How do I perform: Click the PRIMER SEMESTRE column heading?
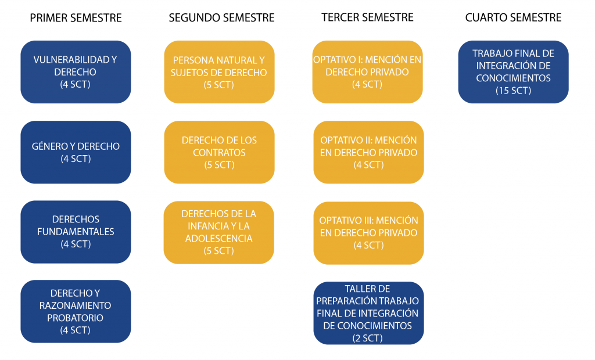click(76, 18)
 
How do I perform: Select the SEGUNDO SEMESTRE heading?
click(221, 18)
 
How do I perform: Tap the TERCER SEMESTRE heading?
click(367, 17)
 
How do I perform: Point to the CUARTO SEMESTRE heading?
click(514, 17)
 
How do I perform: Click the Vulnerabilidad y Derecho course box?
click(76, 72)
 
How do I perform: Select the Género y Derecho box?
click(76, 152)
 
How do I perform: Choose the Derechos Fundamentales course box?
click(76, 232)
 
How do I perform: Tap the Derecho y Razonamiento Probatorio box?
click(76, 311)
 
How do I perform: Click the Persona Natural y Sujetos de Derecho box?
click(219, 72)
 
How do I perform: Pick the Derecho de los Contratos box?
click(219, 152)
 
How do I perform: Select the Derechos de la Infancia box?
click(219, 232)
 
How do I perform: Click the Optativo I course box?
click(367, 72)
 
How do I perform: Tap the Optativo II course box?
click(368, 152)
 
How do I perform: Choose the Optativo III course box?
click(368, 233)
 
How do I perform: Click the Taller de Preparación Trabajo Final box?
click(368, 313)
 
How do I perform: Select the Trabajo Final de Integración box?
click(514, 72)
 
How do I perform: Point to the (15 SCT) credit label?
click(514, 91)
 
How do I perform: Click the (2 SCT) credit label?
click(368, 339)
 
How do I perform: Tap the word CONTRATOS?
click(219, 153)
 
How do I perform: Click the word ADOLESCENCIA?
click(219, 239)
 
